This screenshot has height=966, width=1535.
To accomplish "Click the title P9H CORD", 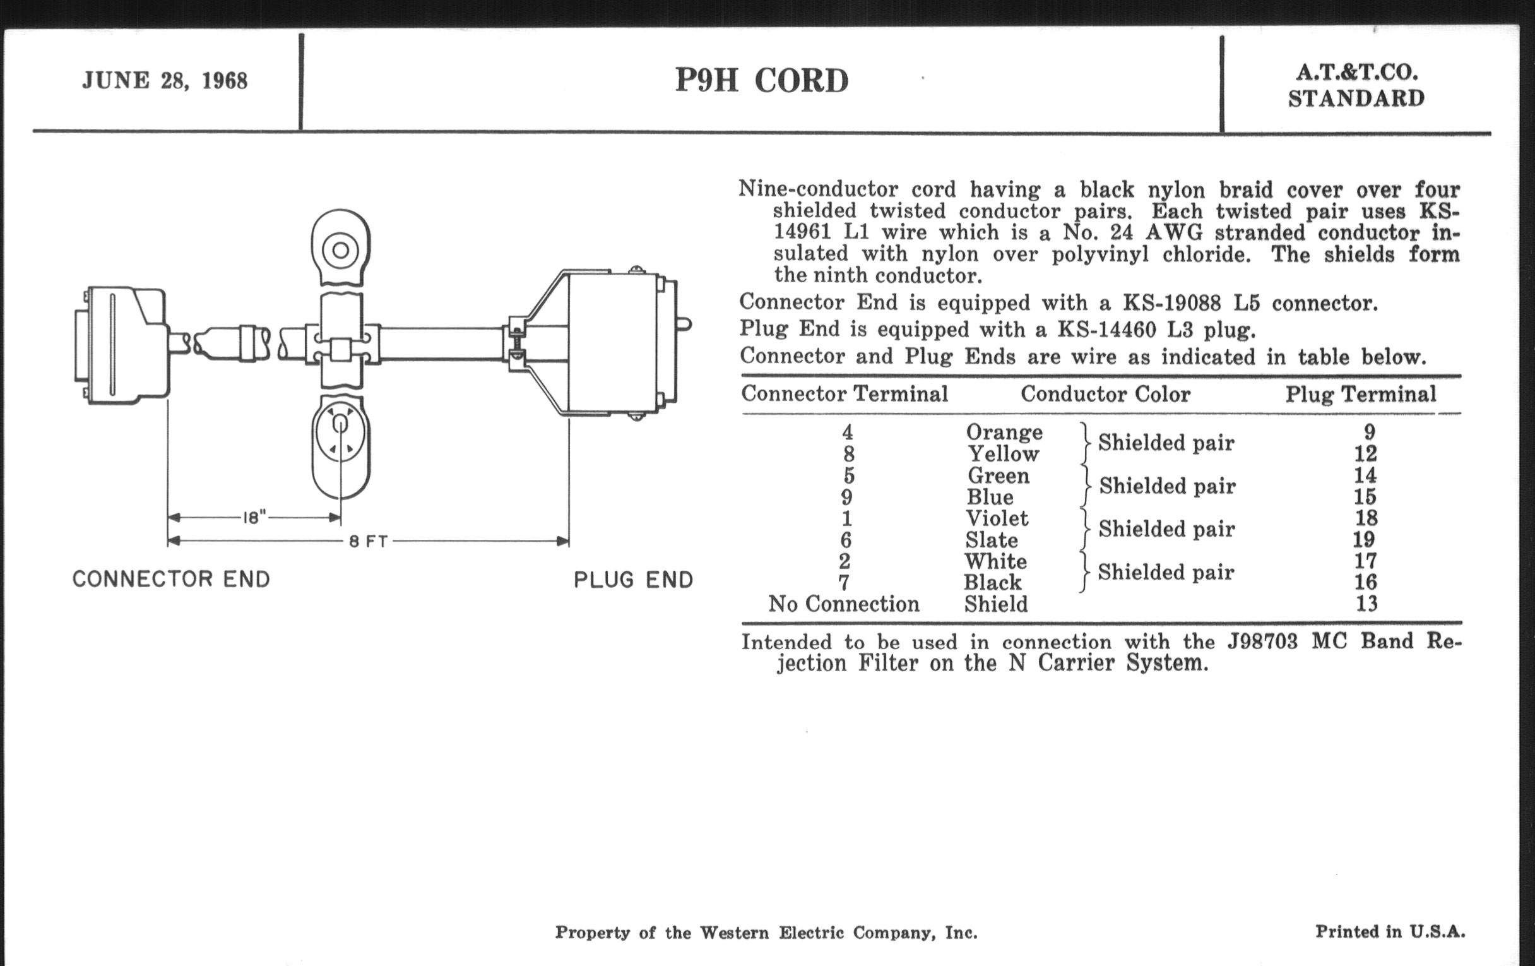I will point(762,81).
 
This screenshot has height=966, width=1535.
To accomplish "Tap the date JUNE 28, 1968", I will point(165,81).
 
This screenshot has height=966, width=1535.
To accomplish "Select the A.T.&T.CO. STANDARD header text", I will point(1356,86).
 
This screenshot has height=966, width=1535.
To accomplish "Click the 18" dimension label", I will point(254,517).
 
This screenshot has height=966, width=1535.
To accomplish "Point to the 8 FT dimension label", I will point(369,541).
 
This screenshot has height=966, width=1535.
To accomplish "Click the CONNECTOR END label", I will point(172,580).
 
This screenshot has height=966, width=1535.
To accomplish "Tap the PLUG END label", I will point(633,580).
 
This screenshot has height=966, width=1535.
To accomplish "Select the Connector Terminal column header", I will point(845,394).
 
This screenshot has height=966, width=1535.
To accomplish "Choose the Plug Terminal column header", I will point(1360,394).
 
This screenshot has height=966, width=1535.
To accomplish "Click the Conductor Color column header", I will point(1105,394).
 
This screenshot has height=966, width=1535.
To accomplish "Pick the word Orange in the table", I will point(1004,432).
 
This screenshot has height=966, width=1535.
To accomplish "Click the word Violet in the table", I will point(997,518).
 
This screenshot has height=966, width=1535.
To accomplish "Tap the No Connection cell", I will point(844,604).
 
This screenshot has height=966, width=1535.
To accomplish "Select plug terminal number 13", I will point(1366,603).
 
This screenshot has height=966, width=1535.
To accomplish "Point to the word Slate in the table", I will point(991,540).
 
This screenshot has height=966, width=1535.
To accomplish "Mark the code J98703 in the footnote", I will point(1262,641).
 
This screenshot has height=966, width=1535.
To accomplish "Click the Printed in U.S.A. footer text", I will point(1390,931).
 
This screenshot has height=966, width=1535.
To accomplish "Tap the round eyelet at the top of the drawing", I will point(340,249).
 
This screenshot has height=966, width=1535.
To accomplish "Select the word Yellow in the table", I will point(1004,454).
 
